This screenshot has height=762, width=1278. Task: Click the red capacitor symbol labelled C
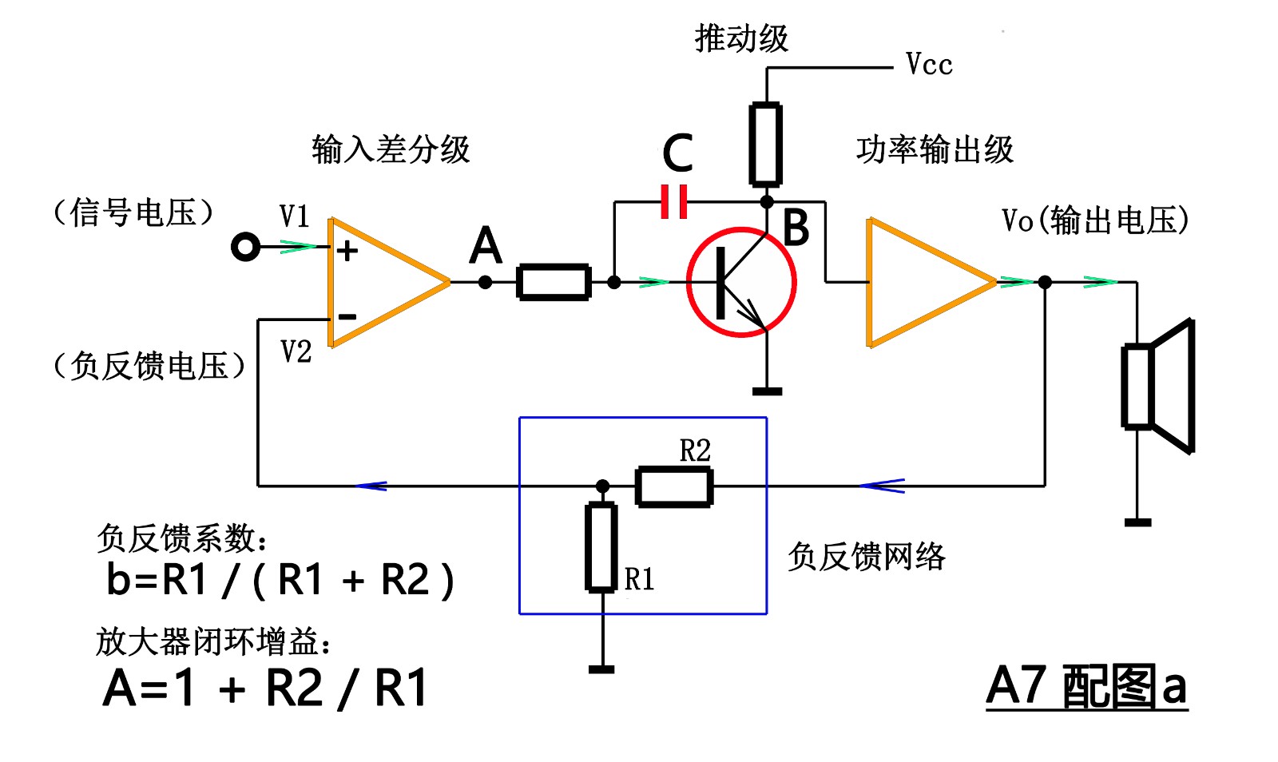pyautogui.click(x=674, y=202)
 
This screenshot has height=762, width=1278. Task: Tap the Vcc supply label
pyautogui.click(x=929, y=65)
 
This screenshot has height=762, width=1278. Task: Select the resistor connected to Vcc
pyautogui.click(x=765, y=145)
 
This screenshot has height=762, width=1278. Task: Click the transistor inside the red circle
pyautogui.click(x=741, y=283)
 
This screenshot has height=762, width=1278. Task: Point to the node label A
pyautogui.click(x=486, y=245)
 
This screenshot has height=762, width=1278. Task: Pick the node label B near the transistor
pyautogui.click(x=796, y=227)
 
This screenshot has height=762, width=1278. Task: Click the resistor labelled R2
pyautogui.click(x=674, y=487)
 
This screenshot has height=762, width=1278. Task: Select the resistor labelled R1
pyautogui.click(x=601, y=548)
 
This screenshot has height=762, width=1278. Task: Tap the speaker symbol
pyautogui.click(x=1158, y=387)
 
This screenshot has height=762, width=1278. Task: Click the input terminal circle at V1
pyautogui.click(x=245, y=247)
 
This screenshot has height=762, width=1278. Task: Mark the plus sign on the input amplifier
pyautogui.click(x=347, y=251)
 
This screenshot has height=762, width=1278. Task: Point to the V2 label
pyautogui.click(x=296, y=351)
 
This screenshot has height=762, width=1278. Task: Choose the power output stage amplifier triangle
pyautogui.click(x=927, y=282)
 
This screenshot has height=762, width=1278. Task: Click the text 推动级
pyautogui.click(x=741, y=38)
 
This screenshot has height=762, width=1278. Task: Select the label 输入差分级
pyautogui.click(x=391, y=149)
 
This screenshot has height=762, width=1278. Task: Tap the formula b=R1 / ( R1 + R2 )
pyautogui.click(x=280, y=580)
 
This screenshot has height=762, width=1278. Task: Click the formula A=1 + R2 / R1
pyautogui.click(x=265, y=688)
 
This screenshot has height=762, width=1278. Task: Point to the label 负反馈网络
pyautogui.click(x=866, y=556)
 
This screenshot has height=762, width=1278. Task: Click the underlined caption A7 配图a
pyautogui.click(x=1086, y=686)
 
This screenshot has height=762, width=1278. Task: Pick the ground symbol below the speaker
pyautogui.click(x=1137, y=522)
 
